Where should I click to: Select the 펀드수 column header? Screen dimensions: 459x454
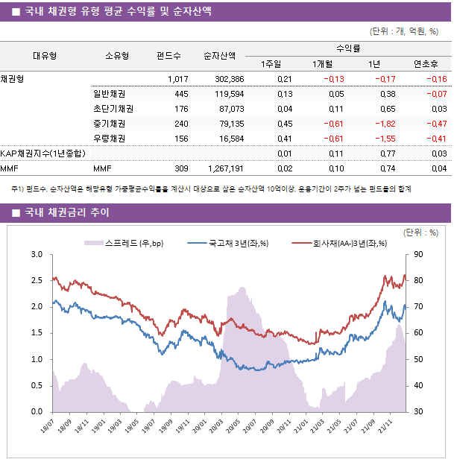pyautogui.click(x=168, y=55)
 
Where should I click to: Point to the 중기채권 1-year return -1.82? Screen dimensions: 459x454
pyautogui.click(x=385, y=124)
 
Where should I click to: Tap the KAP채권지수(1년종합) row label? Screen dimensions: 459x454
pyautogui.click(x=42, y=153)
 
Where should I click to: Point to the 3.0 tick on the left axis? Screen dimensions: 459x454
pyautogui.click(x=37, y=255)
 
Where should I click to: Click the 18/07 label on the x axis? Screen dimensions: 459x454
pyautogui.click(x=46, y=430)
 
